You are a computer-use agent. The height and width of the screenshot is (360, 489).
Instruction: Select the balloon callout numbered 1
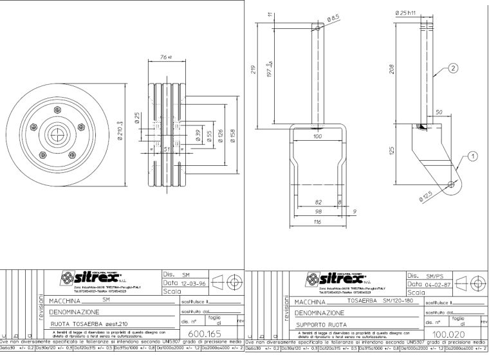(473, 155)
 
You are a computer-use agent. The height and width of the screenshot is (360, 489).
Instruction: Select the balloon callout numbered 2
(453, 67)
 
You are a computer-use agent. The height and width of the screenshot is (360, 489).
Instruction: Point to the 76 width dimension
(163, 58)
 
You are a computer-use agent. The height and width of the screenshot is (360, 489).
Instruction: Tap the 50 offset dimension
(440, 113)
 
